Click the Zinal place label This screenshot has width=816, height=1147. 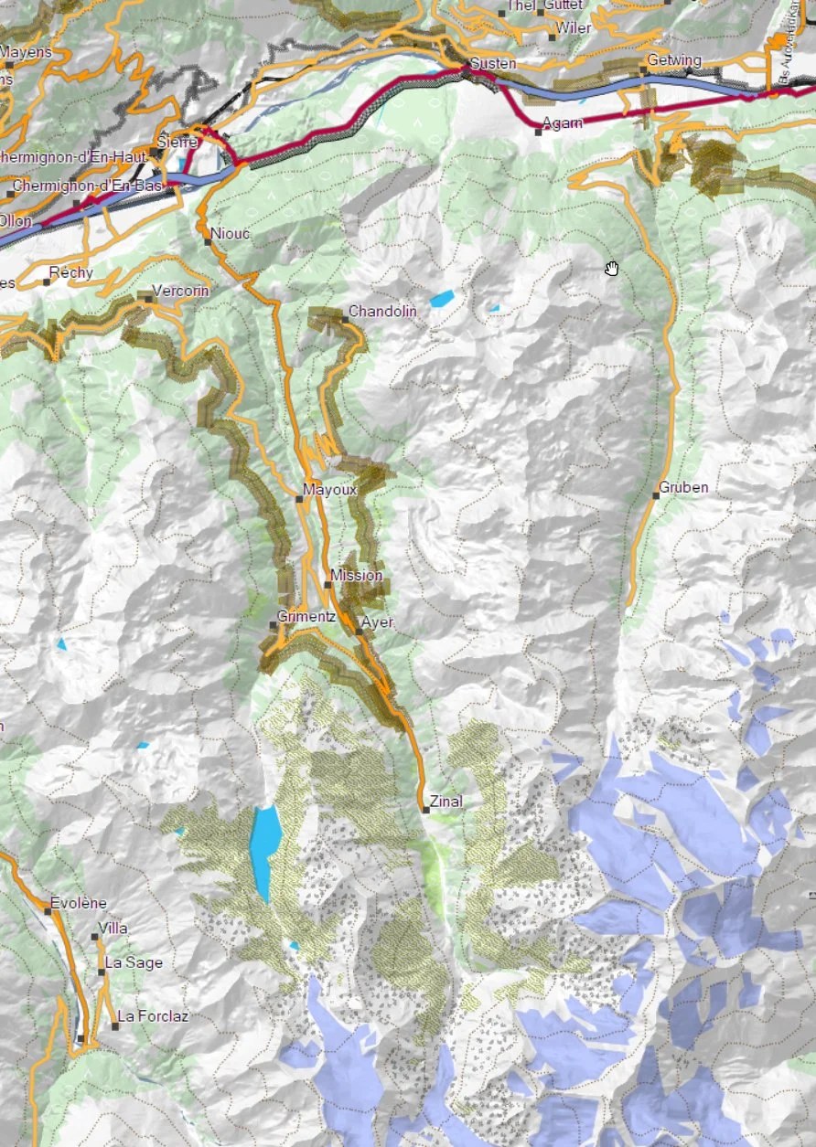tap(446, 802)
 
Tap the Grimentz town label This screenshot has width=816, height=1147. tap(306, 616)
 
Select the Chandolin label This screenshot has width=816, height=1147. tap(382, 312)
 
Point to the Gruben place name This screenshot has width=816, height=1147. tap(683, 487)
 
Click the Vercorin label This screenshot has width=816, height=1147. tap(180, 291)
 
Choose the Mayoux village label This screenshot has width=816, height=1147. tap(329, 490)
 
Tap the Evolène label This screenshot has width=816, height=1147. tap(79, 903)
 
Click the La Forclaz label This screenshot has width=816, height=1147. tap(153, 1015)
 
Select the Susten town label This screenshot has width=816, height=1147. tap(493, 64)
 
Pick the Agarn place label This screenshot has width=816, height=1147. tap(562, 123)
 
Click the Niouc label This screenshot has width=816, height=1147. tap(230, 234)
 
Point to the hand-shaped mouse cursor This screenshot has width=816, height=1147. tap(612, 268)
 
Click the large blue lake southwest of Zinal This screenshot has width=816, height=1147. tap(265, 850)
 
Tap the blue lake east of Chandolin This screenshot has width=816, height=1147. tap(443, 298)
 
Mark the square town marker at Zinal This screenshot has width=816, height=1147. tap(425, 810)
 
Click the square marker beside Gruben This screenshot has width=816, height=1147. tap(657, 495)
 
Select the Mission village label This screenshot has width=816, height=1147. tap(357, 575)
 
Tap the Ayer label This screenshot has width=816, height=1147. tap(378, 622)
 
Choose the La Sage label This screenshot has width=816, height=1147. tap(134, 962)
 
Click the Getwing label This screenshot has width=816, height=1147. tap(674, 60)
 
